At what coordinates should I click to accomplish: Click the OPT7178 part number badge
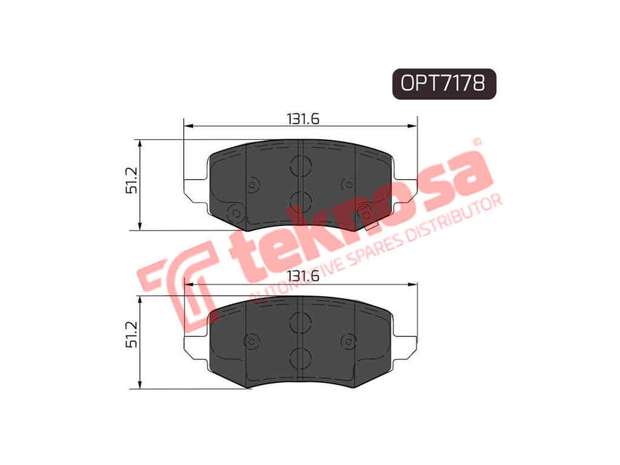coord(444,83)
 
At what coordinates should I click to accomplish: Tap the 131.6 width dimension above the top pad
coord(303,118)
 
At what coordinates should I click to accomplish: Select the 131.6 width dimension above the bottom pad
coord(303,276)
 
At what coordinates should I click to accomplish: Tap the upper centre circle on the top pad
coord(300,165)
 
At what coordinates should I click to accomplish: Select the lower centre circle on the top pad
coord(300,201)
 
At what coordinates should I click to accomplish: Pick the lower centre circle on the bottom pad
coord(300,358)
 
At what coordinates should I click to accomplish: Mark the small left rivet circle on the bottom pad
coord(251,342)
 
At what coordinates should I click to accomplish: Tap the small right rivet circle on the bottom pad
coord(349,342)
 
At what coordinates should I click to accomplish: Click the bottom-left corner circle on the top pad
coord(232,213)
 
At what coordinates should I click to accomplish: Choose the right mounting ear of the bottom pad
coord(406,345)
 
